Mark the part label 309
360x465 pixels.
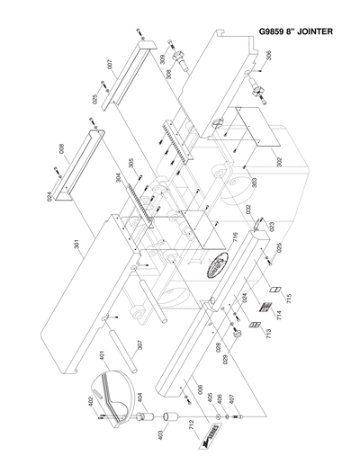point(163,60)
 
